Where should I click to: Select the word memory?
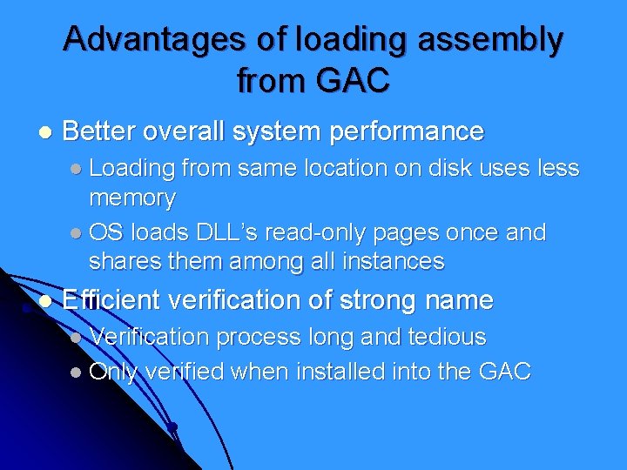pos(131,198)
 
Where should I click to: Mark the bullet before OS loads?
pos(77,234)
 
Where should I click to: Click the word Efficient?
pos(111,301)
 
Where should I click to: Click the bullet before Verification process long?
pos(77,338)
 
